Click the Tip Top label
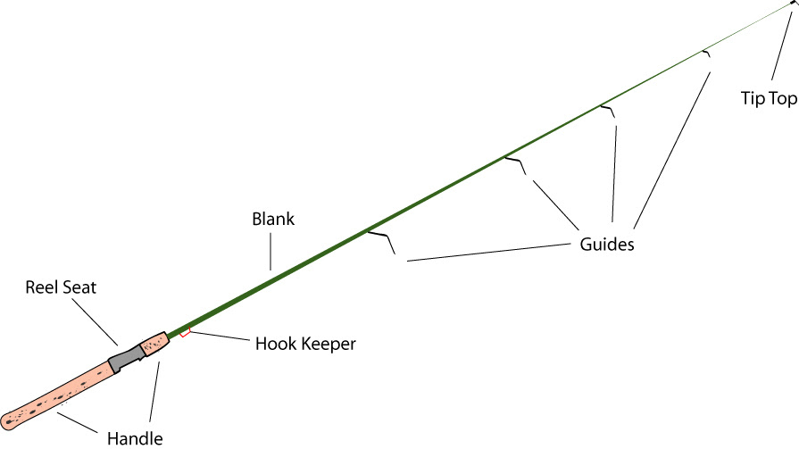pyautogui.click(x=768, y=98)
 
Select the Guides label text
pyautogui.click(x=603, y=244)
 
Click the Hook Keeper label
pyautogui.click(x=305, y=343)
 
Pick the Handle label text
pyautogui.click(x=135, y=437)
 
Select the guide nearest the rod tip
pyautogui.click(x=707, y=54)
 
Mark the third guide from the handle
pyautogui.click(x=608, y=111)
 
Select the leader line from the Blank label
pyautogui.click(x=269, y=248)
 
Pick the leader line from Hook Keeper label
pyautogui.click(x=218, y=337)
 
